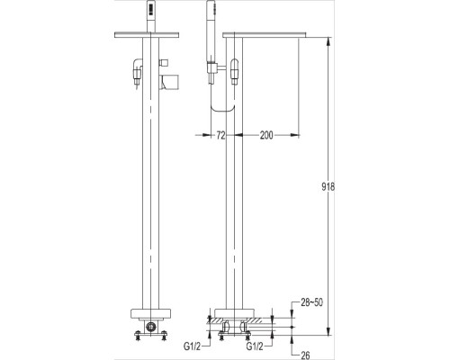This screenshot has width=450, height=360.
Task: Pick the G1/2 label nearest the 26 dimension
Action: tap(255, 344)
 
